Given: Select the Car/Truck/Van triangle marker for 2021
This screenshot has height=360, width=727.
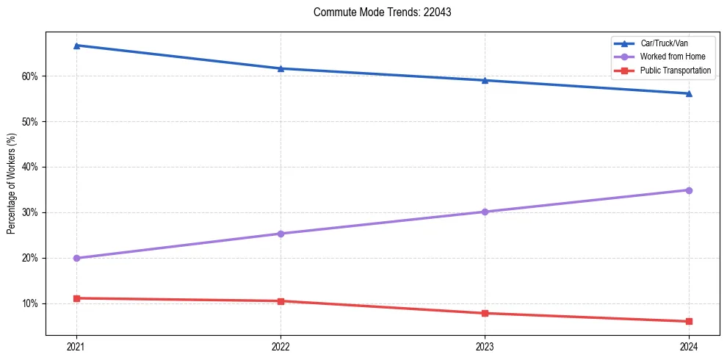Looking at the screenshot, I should tap(76, 46).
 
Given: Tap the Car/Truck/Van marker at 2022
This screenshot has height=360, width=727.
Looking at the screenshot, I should tap(281, 68).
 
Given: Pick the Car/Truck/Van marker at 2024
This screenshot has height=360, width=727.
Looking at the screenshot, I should tap(689, 93).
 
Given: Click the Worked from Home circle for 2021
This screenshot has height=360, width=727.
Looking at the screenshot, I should tap(76, 258).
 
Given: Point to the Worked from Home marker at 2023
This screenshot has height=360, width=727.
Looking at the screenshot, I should tap(485, 212).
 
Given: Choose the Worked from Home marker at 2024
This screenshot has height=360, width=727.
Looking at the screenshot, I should tap(689, 190).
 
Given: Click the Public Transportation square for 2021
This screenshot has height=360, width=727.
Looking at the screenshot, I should tap(76, 298).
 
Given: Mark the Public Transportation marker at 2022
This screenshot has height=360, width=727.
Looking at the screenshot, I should tap(281, 300).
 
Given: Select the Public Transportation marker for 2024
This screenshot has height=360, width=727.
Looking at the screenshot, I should tap(689, 321).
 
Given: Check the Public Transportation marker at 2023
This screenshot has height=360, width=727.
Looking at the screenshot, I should tap(485, 313).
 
